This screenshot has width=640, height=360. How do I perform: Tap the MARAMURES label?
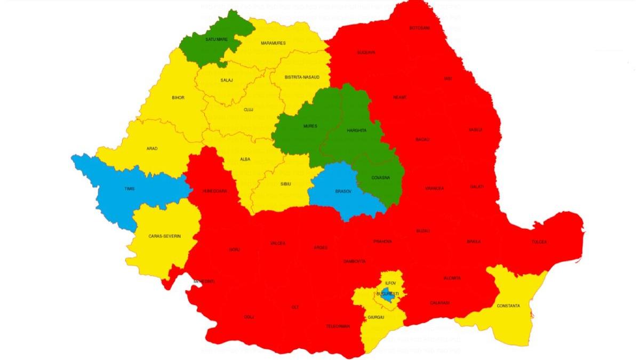(273, 43)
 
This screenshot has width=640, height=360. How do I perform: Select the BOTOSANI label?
(419, 28)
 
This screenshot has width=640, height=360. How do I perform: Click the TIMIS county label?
(130, 189)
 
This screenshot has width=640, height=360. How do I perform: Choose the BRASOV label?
(343, 191)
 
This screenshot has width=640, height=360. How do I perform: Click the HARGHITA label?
(356, 130)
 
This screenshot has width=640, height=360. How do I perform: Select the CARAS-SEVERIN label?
(163, 235)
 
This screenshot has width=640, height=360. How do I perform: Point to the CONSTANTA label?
(508, 306)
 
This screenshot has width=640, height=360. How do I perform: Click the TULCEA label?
(539, 242)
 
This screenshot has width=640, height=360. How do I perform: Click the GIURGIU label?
(375, 317)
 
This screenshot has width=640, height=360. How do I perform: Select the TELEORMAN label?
(338, 326)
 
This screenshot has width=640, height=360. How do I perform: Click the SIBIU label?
(286, 183)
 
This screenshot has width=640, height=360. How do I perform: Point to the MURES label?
(310, 126)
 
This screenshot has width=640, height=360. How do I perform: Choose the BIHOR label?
(178, 98)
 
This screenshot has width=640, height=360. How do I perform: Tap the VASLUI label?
(475, 130)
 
